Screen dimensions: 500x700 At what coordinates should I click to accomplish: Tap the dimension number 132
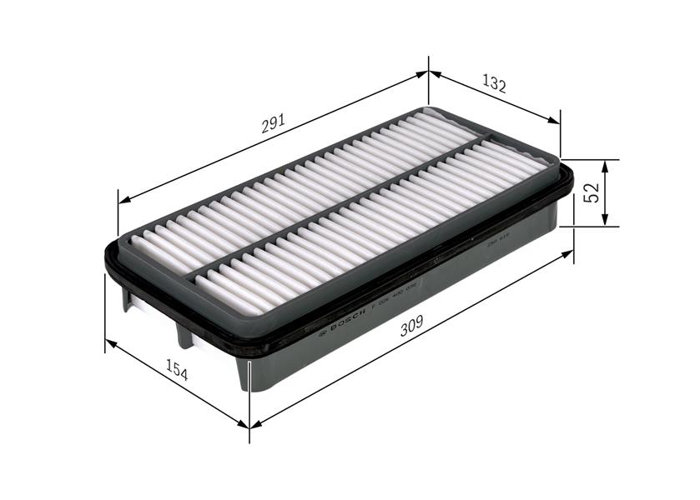(x=494, y=83)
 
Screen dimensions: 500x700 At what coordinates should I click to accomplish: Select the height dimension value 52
(x=592, y=192)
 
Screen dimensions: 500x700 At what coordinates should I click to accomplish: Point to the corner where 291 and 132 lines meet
(x=429, y=72)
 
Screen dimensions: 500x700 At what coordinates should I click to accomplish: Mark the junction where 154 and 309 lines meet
(x=249, y=425)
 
